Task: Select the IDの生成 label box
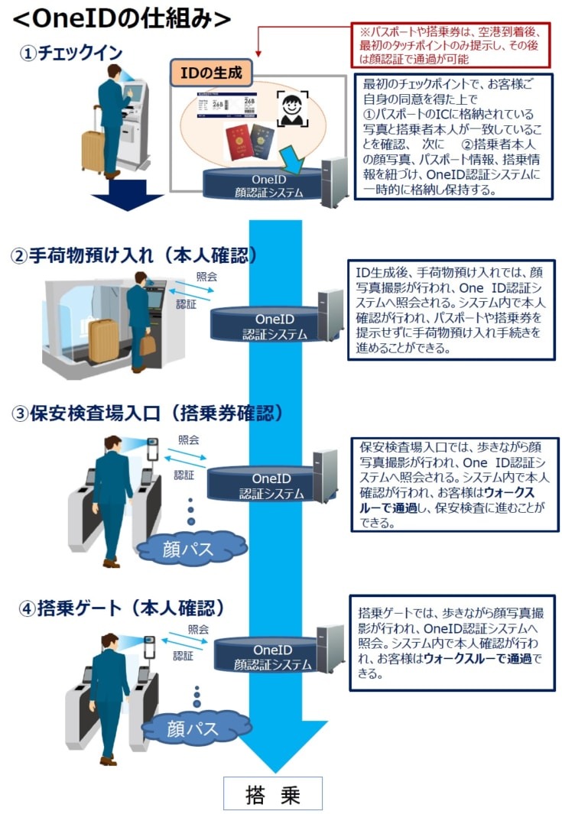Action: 210,73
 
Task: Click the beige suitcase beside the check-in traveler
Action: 93,151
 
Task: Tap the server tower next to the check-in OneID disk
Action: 334,182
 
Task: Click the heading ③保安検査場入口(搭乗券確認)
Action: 148,413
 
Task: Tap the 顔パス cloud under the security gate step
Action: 190,547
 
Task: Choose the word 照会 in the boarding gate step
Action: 198,629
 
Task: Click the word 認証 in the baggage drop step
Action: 186,303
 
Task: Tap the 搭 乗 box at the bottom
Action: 272,794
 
